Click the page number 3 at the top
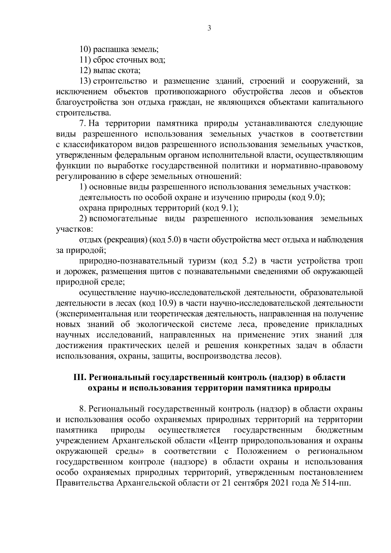coord(209,28)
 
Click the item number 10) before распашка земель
coord(86,50)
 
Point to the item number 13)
coord(86,81)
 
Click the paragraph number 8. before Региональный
coord(82,409)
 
